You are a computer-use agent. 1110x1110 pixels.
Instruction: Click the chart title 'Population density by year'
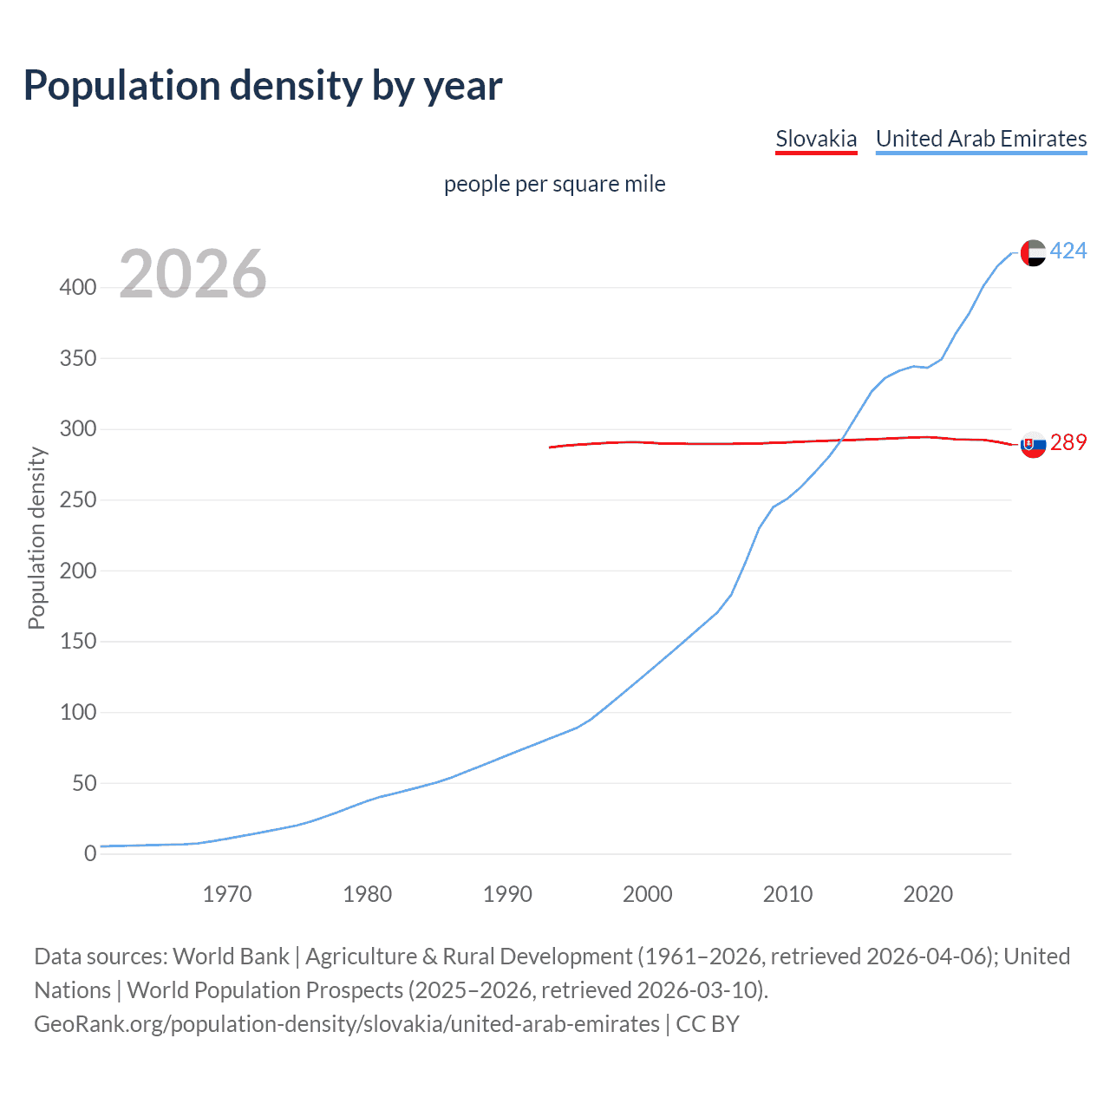click(263, 86)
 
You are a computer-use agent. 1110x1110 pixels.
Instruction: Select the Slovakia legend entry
click(815, 139)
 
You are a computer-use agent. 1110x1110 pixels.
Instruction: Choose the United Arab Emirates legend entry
click(981, 139)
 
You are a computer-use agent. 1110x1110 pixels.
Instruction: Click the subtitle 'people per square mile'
click(554, 184)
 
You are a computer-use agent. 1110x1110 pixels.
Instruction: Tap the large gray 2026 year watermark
click(193, 274)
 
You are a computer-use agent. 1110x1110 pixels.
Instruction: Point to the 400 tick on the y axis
click(78, 287)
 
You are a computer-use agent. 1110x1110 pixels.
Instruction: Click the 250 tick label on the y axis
click(78, 500)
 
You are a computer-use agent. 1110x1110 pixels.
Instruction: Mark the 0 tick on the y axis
click(89, 854)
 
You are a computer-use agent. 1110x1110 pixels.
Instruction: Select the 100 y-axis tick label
click(78, 713)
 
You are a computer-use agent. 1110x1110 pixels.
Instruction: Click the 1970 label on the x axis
click(227, 894)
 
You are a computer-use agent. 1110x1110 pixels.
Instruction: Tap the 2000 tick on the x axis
click(648, 894)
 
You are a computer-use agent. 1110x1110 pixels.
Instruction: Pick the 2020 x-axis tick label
click(928, 894)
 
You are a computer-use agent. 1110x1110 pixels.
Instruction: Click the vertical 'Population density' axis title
click(36, 538)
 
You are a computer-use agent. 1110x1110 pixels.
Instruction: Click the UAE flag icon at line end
click(1033, 252)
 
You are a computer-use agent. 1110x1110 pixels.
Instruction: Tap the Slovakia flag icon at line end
click(1033, 444)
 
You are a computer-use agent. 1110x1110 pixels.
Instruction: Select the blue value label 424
click(1068, 251)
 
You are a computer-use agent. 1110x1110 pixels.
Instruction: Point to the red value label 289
click(1068, 443)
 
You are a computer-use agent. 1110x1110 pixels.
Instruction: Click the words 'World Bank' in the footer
click(231, 957)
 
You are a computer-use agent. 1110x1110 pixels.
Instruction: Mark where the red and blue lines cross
click(843, 440)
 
